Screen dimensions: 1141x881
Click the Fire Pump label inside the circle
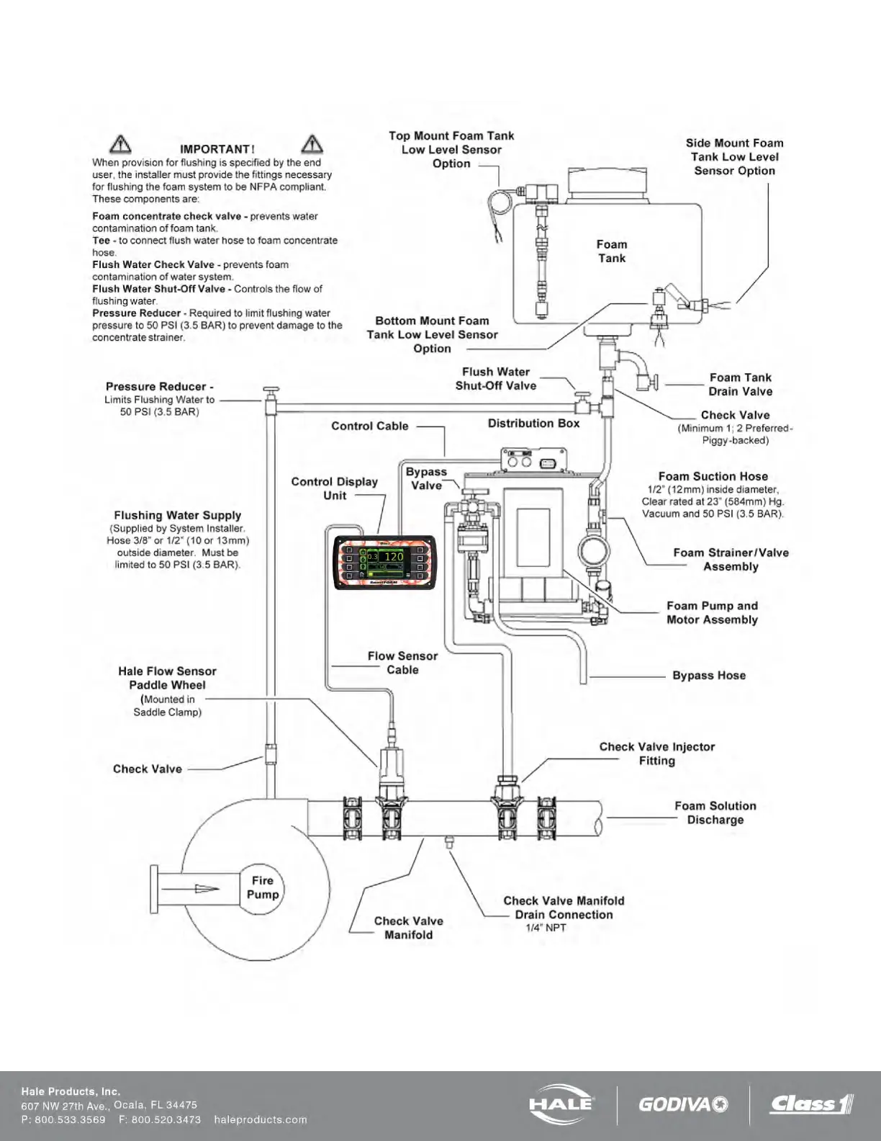[x=263, y=887]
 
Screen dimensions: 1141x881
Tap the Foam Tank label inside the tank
[x=612, y=251]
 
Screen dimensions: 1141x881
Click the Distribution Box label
[x=533, y=424]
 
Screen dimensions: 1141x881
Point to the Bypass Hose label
[x=709, y=676]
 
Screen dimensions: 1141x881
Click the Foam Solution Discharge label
[x=715, y=813]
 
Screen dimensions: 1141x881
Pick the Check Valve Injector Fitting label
[x=657, y=753]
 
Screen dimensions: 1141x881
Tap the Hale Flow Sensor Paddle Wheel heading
[x=167, y=678]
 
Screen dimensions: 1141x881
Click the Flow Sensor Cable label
[x=402, y=663]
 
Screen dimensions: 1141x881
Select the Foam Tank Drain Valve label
[x=740, y=385]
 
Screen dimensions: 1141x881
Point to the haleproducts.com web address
[x=261, y=1119]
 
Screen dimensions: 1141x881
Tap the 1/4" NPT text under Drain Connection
[x=546, y=928]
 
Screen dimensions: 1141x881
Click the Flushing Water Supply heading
[x=178, y=516]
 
